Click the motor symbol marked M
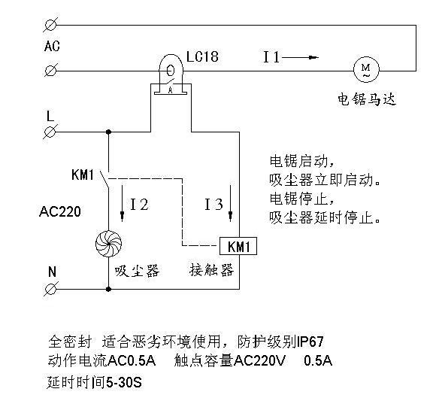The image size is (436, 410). click(x=366, y=69)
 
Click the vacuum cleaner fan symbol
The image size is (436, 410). click(x=108, y=244)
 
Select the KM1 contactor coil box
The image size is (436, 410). click(x=238, y=246)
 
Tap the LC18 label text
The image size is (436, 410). click(x=202, y=56)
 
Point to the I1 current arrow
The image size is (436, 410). click(x=300, y=58)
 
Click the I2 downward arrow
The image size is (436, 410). click(x=122, y=203)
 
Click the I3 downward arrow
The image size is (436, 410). click(x=230, y=203)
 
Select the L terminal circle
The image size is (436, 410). click(x=50, y=132)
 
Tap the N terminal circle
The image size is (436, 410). click(x=50, y=289)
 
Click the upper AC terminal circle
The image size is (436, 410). click(x=50, y=25)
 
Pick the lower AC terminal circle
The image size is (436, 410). click(x=50, y=71)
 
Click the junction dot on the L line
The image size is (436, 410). click(x=109, y=132)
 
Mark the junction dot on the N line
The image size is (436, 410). click(x=109, y=289)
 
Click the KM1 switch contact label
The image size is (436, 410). click(x=82, y=175)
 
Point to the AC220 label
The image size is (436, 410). click(x=60, y=211)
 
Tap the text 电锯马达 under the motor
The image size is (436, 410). click(x=367, y=99)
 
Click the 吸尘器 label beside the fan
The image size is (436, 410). click(x=137, y=271)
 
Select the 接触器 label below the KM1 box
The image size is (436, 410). click(x=212, y=270)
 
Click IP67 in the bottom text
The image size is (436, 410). click(x=310, y=342)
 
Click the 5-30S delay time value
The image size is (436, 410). click(x=124, y=383)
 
